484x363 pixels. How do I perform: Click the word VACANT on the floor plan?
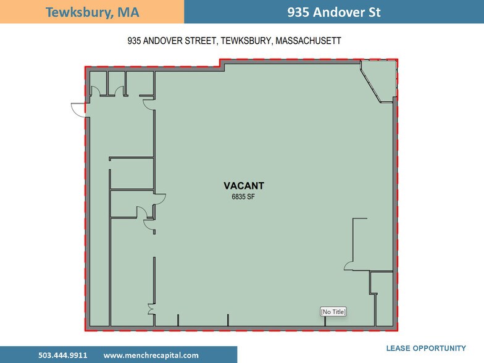click(x=244, y=185)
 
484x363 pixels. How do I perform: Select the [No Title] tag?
click(x=333, y=312)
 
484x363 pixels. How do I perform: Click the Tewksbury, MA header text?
click(x=92, y=12)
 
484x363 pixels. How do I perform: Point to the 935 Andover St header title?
click(x=333, y=12)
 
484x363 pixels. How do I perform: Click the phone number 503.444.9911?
click(x=62, y=355)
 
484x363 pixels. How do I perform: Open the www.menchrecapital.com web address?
click(x=151, y=355)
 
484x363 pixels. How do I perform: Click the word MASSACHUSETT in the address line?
click(x=309, y=41)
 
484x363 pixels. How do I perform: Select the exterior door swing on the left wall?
click(x=78, y=109)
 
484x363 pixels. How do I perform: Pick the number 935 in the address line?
click(x=134, y=41)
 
